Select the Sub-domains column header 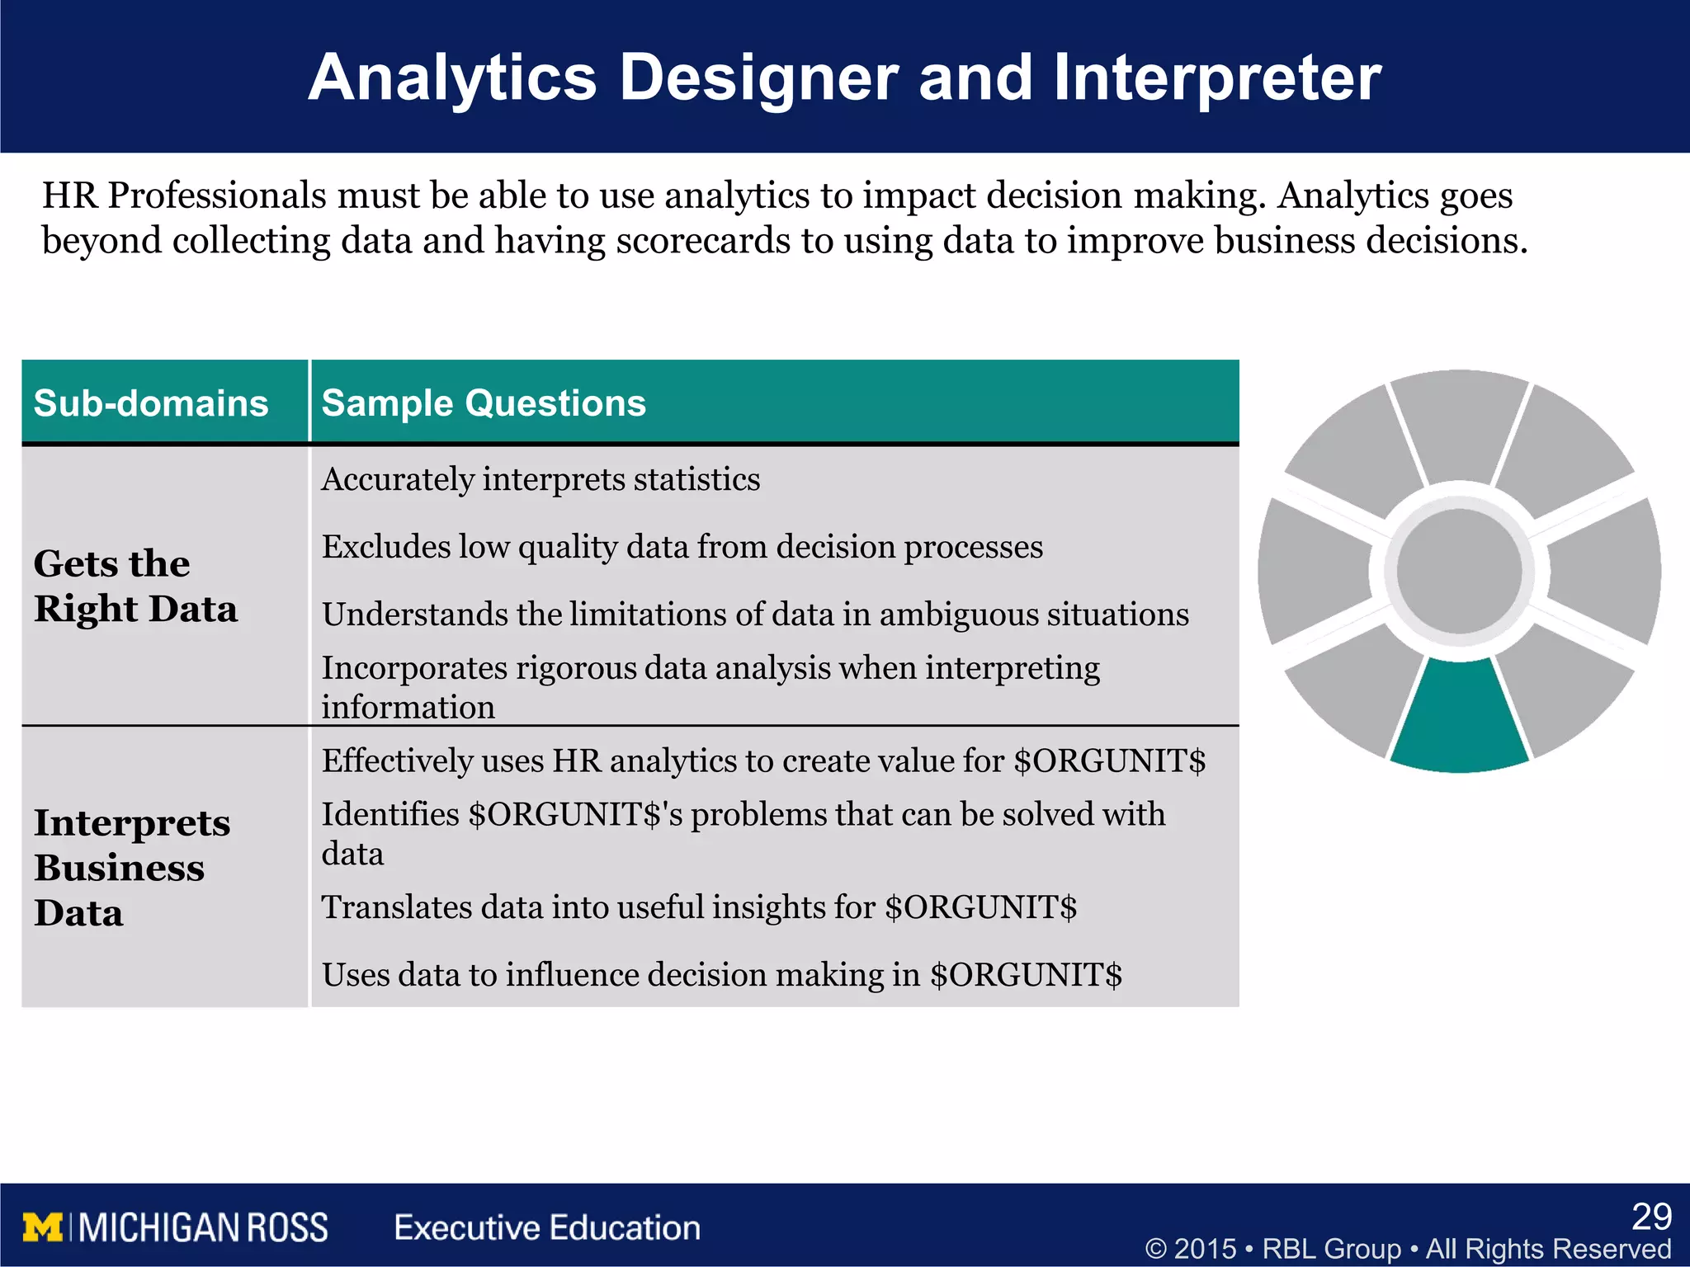pyautogui.click(x=151, y=403)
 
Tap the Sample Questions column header pyautogui.click(x=483, y=403)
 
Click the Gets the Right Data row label pyautogui.click(x=136, y=586)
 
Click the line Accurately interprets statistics pyautogui.click(x=541, y=479)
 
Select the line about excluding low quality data pyautogui.click(x=682, y=547)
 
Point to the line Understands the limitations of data pyautogui.click(x=754, y=615)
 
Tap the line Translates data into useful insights pyautogui.click(x=698, y=907)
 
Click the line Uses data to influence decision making pyautogui.click(x=721, y=975)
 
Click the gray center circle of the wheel pyautogui.click(x=1459, y=571)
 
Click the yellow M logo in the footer pyautogui.click(x=42, y=1227)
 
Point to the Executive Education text pyautogui.click(x=547, y=1227)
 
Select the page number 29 pyautogui.click(x=1651, y=1217)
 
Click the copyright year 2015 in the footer pyautogui.click(x=1205, y=1249)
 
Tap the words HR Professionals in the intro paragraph pyautogui.click(x=184, y=196)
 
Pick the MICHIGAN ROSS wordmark pyautogui.click(x=203, y=1227)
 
